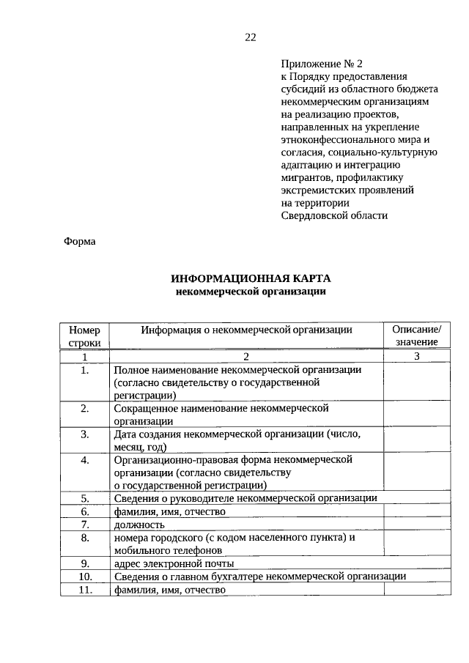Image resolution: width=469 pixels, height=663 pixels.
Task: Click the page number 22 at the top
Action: point(250,37)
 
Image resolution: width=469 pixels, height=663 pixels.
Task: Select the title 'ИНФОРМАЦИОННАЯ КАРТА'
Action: point(251,278)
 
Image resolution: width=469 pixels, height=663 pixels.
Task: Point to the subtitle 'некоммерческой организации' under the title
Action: point(251,292)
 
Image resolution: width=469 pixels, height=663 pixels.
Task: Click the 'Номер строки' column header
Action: point(85,336)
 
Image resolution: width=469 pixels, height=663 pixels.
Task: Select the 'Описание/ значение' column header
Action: point(416,336)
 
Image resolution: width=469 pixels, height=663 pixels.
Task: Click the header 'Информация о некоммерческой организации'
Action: point(247,330)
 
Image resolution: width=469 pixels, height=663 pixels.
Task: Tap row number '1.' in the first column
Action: point(85,370)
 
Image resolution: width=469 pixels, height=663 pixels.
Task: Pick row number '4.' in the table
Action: point(85,460)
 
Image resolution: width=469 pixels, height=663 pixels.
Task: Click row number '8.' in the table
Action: point(85,538)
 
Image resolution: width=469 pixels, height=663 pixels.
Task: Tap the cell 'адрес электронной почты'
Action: point(174,563)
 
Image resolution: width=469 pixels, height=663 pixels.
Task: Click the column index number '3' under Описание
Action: point(416,357)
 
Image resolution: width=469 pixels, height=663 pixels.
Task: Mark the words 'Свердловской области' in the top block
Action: point(333,215)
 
